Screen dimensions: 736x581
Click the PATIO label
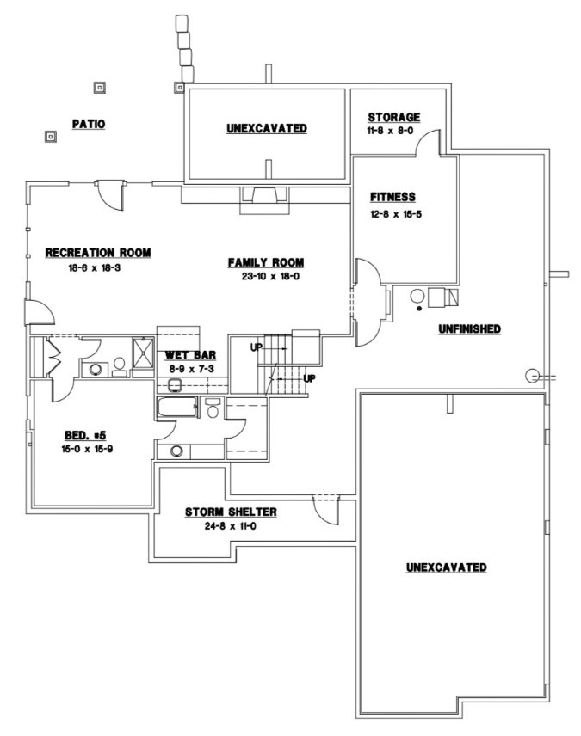[88, 124]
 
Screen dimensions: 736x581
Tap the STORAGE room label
[393, 117]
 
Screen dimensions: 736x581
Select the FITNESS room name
[392, 196]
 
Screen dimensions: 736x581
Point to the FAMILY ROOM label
[266, 262]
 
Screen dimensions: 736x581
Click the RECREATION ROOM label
[98, 253]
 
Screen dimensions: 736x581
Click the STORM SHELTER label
[231, 512]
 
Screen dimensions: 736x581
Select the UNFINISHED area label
[469, 329]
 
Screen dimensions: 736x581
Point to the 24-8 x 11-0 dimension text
[231, 526]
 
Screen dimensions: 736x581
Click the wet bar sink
[176, 384]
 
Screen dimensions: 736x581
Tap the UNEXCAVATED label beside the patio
[267, 128]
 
